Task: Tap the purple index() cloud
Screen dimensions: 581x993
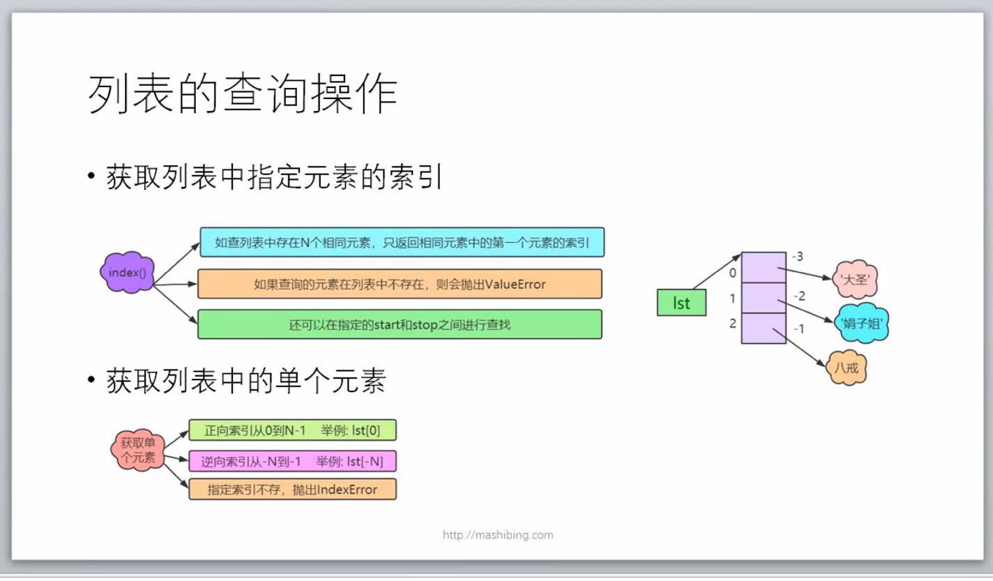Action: [128, 272]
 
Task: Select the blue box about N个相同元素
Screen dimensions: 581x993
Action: [402, 243]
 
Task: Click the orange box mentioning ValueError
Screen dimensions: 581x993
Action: [400, 284]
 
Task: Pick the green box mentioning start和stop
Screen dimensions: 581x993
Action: [400, 324]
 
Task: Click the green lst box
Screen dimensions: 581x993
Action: [681, 303]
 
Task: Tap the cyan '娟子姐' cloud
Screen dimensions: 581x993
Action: [863, 323]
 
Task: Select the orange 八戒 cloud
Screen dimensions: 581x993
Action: [847, 368]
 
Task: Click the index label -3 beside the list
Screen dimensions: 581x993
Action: [798, 256]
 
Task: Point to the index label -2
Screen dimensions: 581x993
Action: [798, 296]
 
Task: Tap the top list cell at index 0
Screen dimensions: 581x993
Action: [764, 268]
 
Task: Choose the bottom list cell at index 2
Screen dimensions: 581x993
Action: [764, 329]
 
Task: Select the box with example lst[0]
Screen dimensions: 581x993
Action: [292, 430]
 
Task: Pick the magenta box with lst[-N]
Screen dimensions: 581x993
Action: [292, 461]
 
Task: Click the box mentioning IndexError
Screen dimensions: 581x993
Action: [292, 489]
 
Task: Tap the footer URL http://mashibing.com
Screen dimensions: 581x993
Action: [498, 535]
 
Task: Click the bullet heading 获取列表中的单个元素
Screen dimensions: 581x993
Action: [245, 382]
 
